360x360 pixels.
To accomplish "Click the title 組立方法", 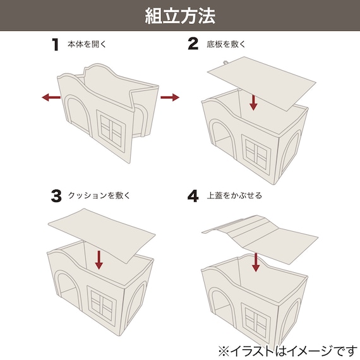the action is click(x=180, y=16).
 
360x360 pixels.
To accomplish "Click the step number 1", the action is click(x=56, y=45).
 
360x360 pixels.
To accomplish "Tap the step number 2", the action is click(x=193, y=44).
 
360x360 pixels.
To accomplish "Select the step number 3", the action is click(x=56, y=196).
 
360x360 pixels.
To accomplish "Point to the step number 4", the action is click(x=193, y=196).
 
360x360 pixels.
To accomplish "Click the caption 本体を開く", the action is click(x=87, y=44).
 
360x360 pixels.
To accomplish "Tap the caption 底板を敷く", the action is click(x=226, y=44).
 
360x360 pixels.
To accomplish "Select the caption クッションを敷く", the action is click(x=99, y=196).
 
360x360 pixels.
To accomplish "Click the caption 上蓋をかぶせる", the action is click(x=234, y=196).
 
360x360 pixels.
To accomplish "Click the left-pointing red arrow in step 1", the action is click(x=51, y=97).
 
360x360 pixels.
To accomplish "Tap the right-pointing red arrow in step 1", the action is click(x=170, y=97).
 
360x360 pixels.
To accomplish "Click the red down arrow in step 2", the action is click(x=253, y=102).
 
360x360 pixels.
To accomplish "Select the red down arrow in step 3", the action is click(x=99, y=260).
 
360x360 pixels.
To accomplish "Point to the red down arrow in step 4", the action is click(x=256, y=263).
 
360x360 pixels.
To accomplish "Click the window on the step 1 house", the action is click(x=111, y=130).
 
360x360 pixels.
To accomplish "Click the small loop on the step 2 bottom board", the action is click(x=225, y=63).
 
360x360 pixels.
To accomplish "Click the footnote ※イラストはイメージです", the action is click(x=287, y=351).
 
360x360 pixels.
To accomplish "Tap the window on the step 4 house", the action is click(x=256, y=320).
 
